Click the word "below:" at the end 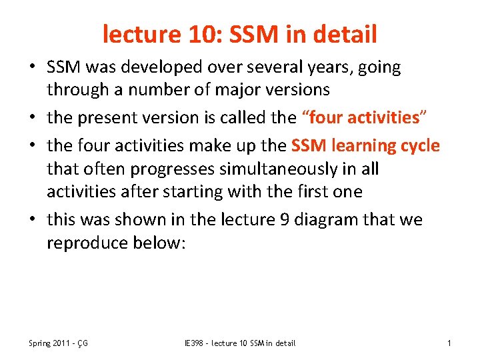[x=165, y=243]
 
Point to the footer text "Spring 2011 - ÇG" [x=59, y=343]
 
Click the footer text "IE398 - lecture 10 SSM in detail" [x=239, y=343]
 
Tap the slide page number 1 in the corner [x=449, y=343]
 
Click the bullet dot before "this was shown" [x=33, y=219]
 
